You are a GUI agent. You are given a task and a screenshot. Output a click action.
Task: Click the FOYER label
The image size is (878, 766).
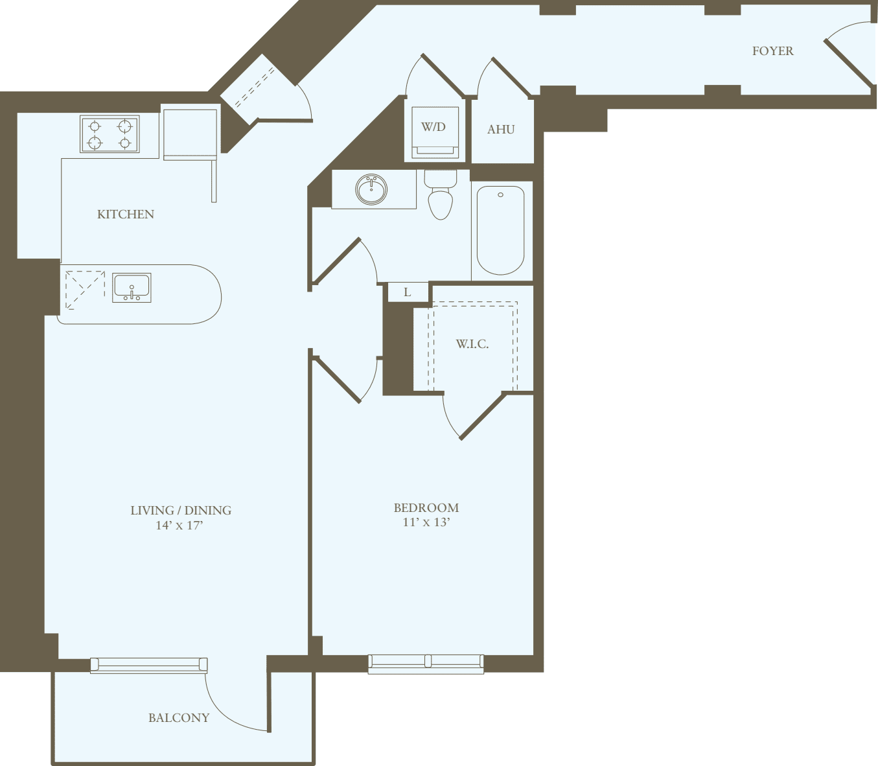(x=772, y=51)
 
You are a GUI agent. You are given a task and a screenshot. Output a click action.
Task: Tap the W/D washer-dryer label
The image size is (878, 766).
(x=433, y=127)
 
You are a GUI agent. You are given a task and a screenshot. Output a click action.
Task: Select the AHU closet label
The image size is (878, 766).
(x=501, y=130)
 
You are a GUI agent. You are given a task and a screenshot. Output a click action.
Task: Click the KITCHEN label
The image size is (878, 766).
(x=126, y=215)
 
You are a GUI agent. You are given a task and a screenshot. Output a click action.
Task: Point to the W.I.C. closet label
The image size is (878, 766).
(x=472, y=344)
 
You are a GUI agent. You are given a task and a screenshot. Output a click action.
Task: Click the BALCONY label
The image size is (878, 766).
(x=179, y=718)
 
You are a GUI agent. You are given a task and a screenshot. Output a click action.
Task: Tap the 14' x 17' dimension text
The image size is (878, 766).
(x=179, y=526)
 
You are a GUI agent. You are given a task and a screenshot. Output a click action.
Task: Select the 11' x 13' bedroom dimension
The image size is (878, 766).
(x=426, y=522)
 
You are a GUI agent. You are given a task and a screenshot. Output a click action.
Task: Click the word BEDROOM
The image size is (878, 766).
(x=426, y=508)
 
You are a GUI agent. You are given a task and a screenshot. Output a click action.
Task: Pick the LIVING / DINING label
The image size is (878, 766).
(x=181, y=511)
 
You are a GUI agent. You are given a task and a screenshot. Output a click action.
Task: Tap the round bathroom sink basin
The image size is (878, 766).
(x=371, y=189)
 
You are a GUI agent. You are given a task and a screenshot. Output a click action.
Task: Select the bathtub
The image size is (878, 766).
(x=500, y=230)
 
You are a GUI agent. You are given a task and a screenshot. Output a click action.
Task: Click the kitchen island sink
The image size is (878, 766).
(x=132, y=288)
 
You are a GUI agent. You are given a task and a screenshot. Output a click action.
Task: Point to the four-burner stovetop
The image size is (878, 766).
(x=110, y=134)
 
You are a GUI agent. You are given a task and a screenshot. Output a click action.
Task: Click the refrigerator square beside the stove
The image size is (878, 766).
(x=190, y=133)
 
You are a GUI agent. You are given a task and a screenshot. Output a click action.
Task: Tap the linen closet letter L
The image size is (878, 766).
(x=407, y=292)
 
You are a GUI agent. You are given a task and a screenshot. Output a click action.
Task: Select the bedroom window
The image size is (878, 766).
(x=426, y=662)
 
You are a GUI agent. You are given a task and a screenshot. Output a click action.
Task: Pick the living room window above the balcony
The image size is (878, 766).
(x=148, y=665)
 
